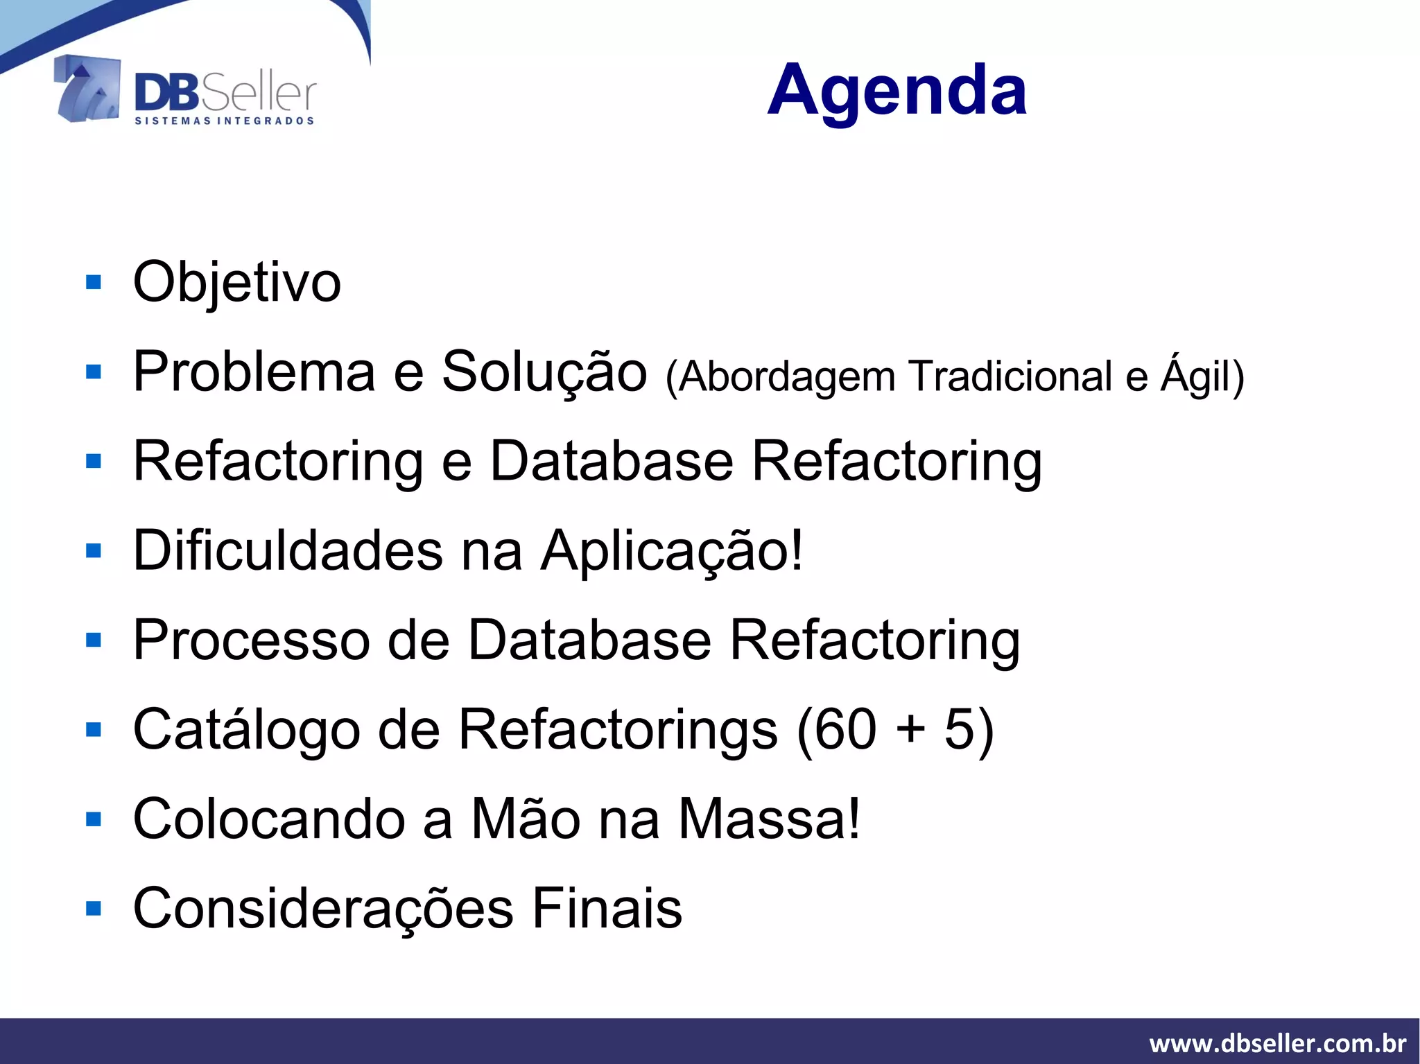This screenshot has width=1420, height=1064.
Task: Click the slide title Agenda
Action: [x=897, y=90]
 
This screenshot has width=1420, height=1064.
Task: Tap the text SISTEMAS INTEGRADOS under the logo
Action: [x=224, y=121]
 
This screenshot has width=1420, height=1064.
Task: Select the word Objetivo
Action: [x=237, y=283]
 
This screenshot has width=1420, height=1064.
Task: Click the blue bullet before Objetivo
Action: [x=94, y=282]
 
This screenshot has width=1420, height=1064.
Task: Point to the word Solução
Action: [x=544, y=373]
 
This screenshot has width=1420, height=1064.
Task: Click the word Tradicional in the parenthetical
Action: [x=1012, y=376]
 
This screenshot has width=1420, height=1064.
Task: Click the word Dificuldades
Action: [x=288, y=551]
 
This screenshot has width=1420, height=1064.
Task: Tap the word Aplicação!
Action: [x=672, y=551]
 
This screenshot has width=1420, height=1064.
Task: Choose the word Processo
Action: [x=251, y=640]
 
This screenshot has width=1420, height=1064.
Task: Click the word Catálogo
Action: [x=247, y=730]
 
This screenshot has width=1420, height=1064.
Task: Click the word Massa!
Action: [x=769, y=819]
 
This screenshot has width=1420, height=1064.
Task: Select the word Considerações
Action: [x=323, y=909]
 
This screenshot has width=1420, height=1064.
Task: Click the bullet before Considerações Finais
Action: [x=94, y=908]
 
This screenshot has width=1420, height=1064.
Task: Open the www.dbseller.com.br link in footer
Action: [x=1277, y=1043]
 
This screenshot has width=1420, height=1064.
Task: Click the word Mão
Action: [x=526, y=819]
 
